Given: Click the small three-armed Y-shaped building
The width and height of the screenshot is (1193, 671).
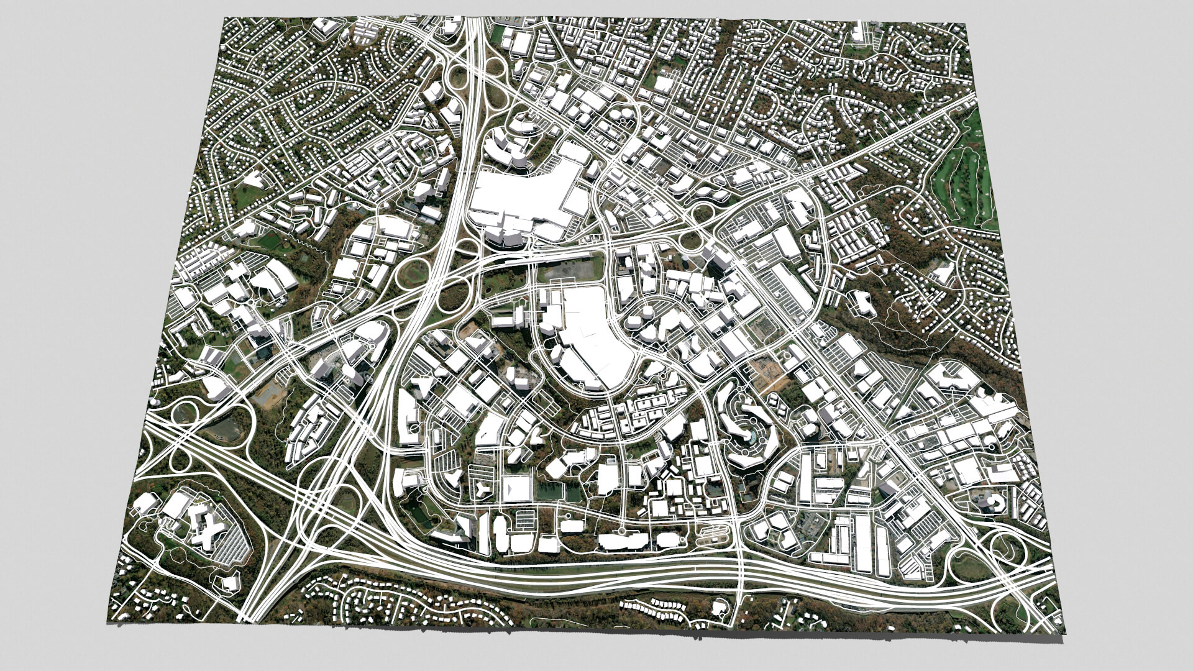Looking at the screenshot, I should pos(420,389).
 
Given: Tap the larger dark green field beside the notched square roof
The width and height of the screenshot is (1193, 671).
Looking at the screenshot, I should pos(551,491).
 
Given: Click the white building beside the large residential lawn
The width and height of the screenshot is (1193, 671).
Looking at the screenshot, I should pos(253,180).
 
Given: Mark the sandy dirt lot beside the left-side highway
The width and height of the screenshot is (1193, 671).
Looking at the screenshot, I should pos(270,391).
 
